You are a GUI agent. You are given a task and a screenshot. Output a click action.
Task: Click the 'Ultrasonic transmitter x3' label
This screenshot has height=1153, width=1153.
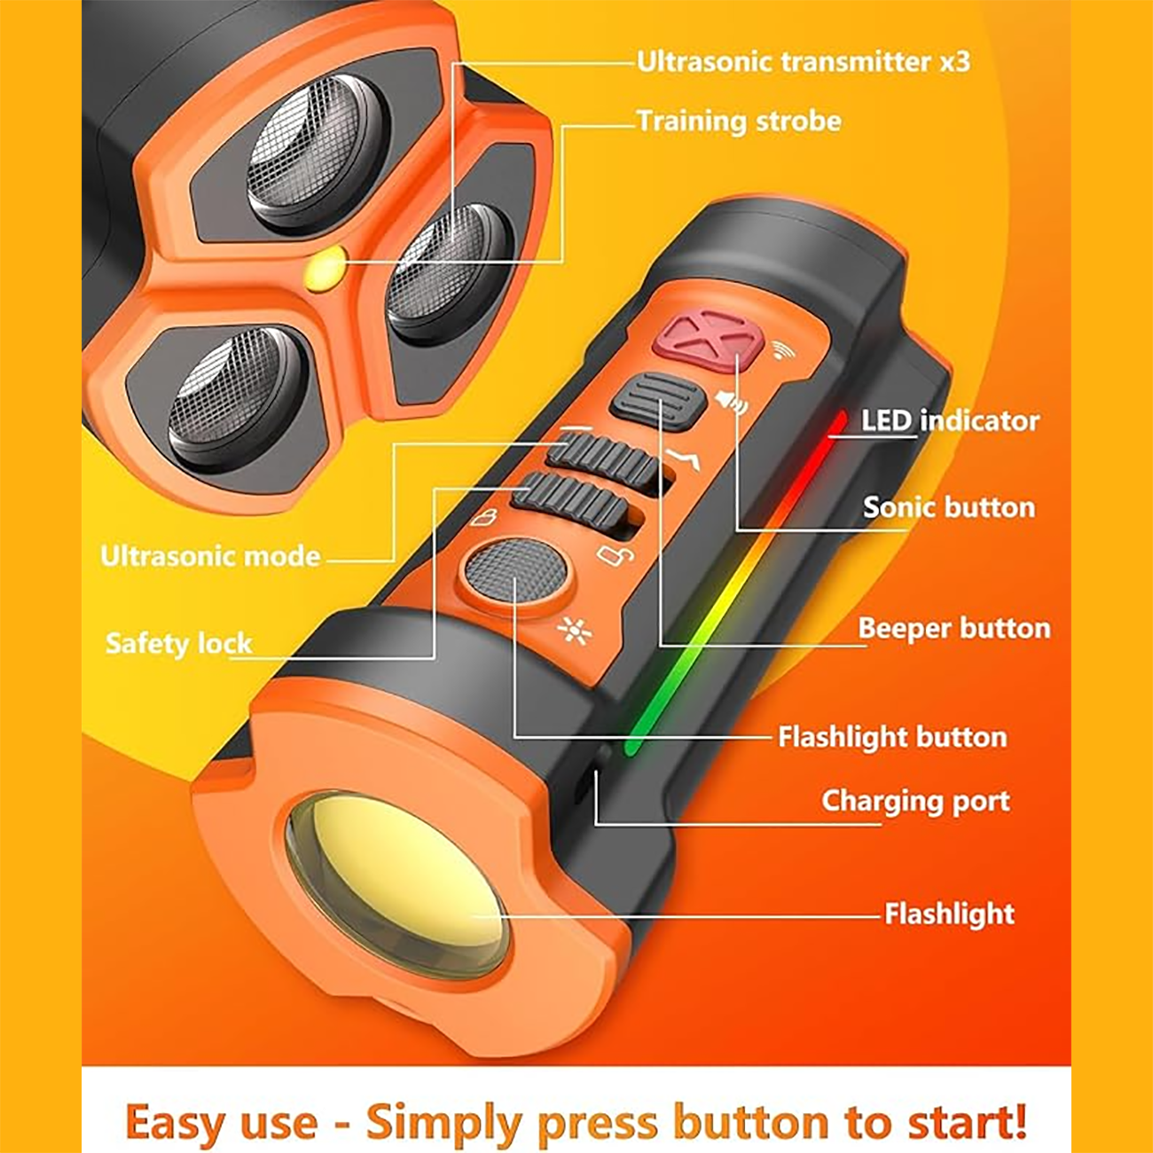(x=803, y=61)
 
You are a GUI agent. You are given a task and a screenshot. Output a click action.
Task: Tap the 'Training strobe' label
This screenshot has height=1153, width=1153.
(x=739, y=122)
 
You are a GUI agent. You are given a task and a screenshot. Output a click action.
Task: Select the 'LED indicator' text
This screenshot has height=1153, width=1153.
(x=950, y=421)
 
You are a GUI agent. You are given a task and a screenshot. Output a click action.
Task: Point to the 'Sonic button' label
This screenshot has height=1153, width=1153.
(x=949, y=507)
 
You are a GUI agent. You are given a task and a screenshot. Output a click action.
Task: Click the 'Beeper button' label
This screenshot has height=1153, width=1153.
(x=954, y=628)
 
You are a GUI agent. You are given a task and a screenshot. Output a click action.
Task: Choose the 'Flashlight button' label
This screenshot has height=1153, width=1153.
(x=892, y=736)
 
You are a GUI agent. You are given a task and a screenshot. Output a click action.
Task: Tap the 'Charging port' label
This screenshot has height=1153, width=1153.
(x=915, y=801)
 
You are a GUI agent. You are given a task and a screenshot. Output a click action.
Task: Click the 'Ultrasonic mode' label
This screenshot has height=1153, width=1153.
(x=210, y=556)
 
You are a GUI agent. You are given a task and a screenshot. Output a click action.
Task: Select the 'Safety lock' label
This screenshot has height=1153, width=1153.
(x=179, y=644)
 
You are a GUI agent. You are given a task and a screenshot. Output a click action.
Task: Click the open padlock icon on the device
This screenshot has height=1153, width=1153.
(x=616, y=554)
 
